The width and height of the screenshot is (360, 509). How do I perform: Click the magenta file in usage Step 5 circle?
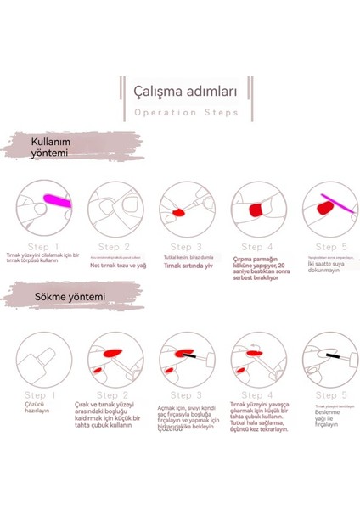click(x=326, y=204)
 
